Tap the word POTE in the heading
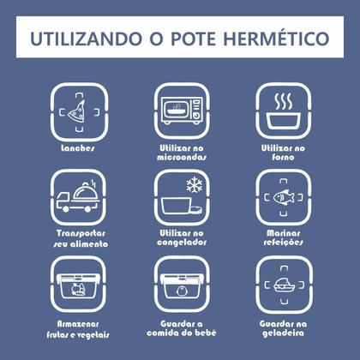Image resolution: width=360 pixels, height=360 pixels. click(193, 39)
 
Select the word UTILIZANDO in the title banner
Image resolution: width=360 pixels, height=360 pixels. click(86, 39)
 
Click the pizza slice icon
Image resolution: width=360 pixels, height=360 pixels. click(77, 111)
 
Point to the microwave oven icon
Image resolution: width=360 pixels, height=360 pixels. click(182, 111)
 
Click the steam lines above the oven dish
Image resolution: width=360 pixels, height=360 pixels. click(284, 101)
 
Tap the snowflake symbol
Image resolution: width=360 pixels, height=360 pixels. click(195, 184)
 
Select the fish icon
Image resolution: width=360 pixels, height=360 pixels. click(284, 197)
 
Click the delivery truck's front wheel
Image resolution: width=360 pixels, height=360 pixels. click(66, 209)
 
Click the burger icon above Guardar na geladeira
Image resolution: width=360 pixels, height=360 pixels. click(284, 285)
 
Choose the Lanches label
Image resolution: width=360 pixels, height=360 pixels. click(78, 148)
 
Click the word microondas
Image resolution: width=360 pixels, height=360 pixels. click(182, 157)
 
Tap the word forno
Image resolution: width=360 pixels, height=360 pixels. click(283, 157)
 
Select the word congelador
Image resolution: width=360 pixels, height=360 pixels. click(182, 243)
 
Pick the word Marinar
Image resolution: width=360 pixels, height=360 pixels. click(284, 233)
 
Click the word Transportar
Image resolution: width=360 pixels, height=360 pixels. click(81, 234)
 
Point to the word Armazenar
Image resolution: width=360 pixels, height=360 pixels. click(78, 324)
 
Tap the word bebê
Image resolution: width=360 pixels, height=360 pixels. click(206, 333)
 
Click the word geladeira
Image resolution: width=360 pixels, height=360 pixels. click(283, 333)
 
